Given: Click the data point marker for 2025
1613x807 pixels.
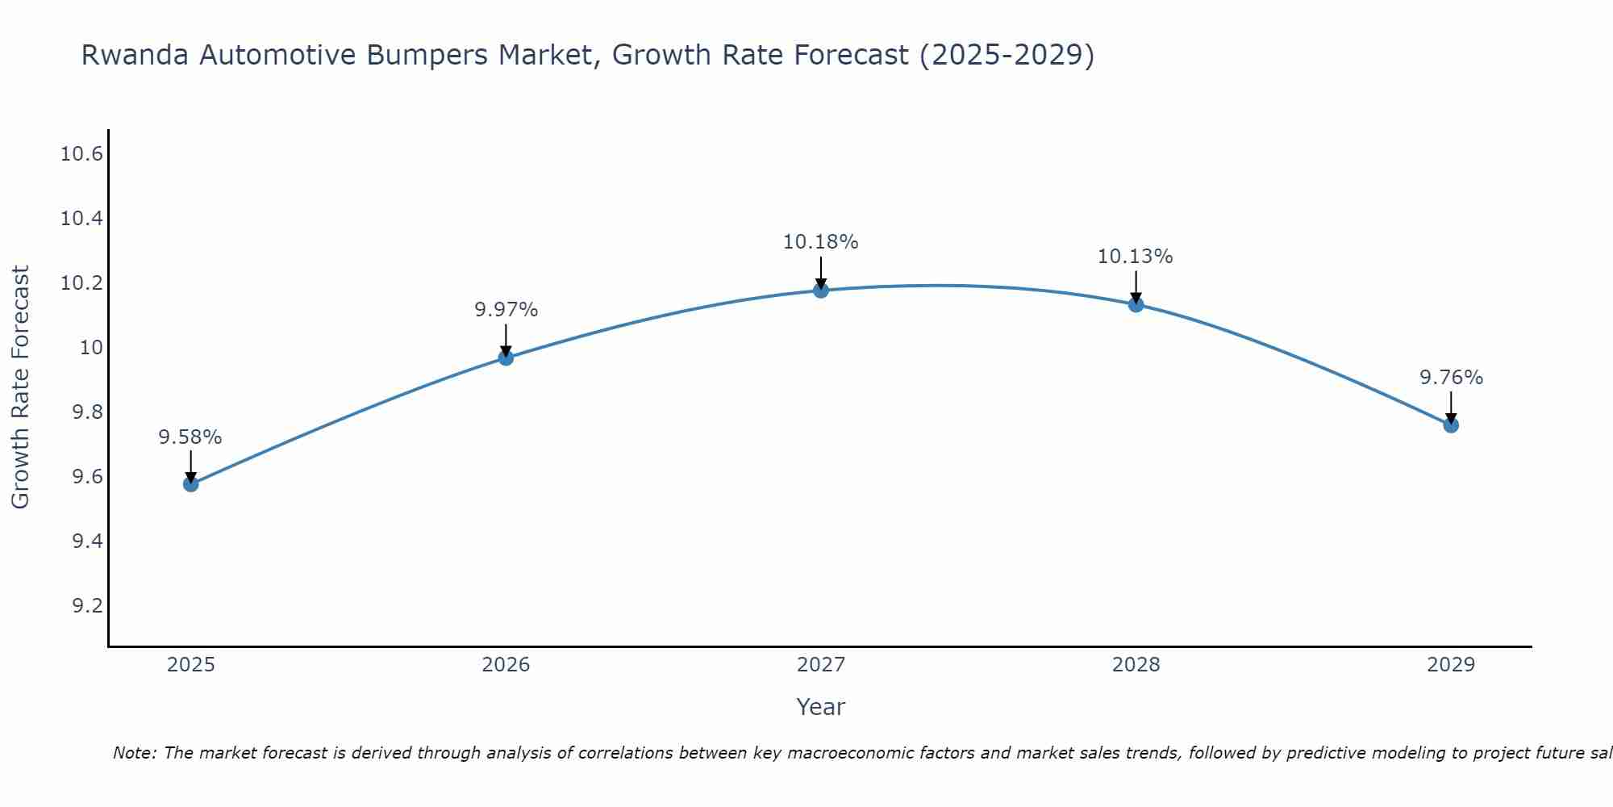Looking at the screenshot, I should (190, 484).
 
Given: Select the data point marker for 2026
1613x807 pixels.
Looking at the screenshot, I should (506, 358).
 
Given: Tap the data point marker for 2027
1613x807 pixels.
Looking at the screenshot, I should (821, 290).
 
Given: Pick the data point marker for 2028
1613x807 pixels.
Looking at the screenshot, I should (1136, 304).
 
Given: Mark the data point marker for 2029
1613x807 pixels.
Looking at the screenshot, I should (1451, 424).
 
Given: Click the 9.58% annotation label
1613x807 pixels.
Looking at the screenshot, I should (190, 437).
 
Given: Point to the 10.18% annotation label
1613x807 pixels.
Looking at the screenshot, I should (821, 242).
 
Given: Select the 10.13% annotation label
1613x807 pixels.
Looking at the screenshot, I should (1136, 257).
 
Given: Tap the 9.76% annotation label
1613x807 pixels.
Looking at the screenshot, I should (1451, 378).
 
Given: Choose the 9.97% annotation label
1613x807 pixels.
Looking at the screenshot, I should (506, 310).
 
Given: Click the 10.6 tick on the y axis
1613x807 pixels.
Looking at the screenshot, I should (82, 154).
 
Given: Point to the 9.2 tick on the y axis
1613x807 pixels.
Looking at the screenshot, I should (88, 605).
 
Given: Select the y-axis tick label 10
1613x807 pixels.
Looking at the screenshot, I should (91, 348).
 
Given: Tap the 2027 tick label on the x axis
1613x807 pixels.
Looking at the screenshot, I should (821, 665).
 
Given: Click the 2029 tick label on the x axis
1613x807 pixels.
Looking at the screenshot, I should (1451, 665).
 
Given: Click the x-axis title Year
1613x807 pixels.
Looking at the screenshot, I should (821, 707).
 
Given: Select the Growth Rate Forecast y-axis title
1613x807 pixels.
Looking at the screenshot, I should (21, 387).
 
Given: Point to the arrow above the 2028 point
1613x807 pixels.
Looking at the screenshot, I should (1136, 286).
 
